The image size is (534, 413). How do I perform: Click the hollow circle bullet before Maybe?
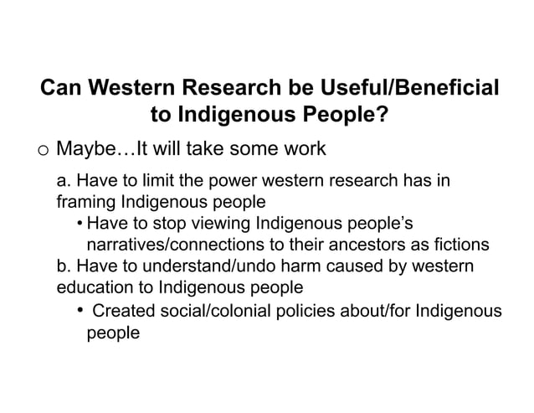click(x=43, y=151)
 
